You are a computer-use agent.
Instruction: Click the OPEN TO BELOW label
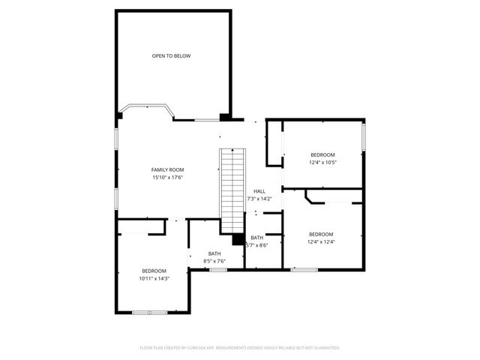(170, 55)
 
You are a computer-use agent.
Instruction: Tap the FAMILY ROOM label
(167, 169)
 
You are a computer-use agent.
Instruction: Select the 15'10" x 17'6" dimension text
(167, 178)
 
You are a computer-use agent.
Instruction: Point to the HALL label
(259, 191)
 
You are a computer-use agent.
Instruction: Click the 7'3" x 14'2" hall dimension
(259, 199)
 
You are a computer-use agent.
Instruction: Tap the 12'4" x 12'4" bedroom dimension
(321, 241)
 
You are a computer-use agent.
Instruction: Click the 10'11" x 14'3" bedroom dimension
(154, 278)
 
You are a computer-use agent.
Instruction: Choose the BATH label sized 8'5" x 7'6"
(214, 253)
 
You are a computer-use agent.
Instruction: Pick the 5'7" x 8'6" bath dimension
(257, 245)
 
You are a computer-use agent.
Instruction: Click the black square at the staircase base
(238, 240)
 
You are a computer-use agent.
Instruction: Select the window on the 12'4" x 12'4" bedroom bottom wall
(304, 268)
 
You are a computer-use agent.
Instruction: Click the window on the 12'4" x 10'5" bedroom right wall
(364, 136)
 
